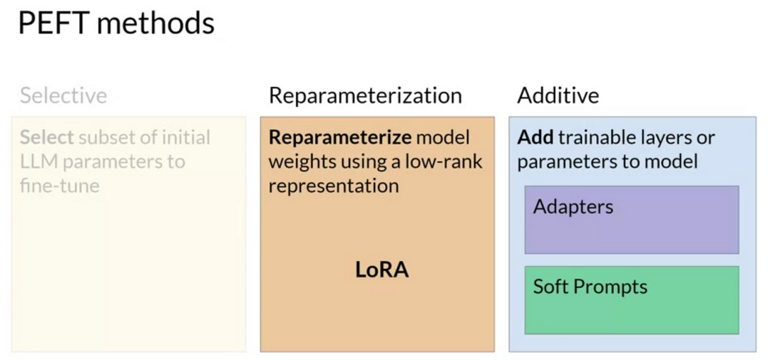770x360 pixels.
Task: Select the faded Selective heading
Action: point(63,96)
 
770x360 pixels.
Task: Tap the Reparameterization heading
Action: point(365,96)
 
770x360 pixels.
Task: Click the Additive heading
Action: point(558,96)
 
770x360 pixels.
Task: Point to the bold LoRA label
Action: point(382,270)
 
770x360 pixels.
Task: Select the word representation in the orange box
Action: point(334,186)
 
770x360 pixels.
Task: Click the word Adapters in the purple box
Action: point(573,207)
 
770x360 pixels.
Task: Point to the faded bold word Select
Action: point(47,138)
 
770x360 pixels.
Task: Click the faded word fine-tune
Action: point(60,186)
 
